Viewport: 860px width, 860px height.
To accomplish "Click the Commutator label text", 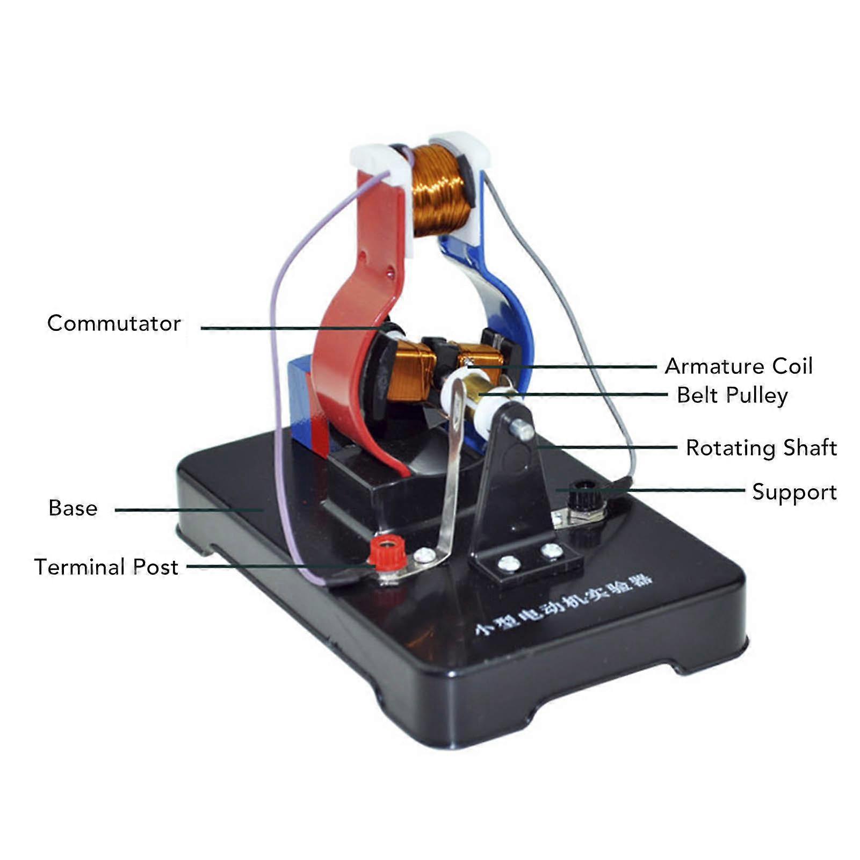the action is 114,323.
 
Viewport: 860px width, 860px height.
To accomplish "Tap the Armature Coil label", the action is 739,366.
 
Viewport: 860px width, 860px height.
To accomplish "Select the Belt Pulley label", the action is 732,395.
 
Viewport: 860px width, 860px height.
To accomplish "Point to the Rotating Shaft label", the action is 761,448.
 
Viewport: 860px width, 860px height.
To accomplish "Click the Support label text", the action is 794,492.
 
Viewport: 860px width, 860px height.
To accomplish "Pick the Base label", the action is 73,508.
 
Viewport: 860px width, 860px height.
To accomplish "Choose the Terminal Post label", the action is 106,567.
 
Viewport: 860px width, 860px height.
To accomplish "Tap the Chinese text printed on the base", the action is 564,604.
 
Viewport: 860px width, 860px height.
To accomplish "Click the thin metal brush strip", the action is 450,483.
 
